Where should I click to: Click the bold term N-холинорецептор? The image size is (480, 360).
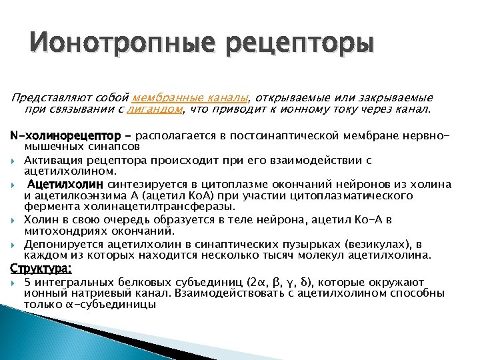click(x=65, y=136)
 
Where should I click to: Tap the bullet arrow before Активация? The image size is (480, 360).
click(x=15, y=161)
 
